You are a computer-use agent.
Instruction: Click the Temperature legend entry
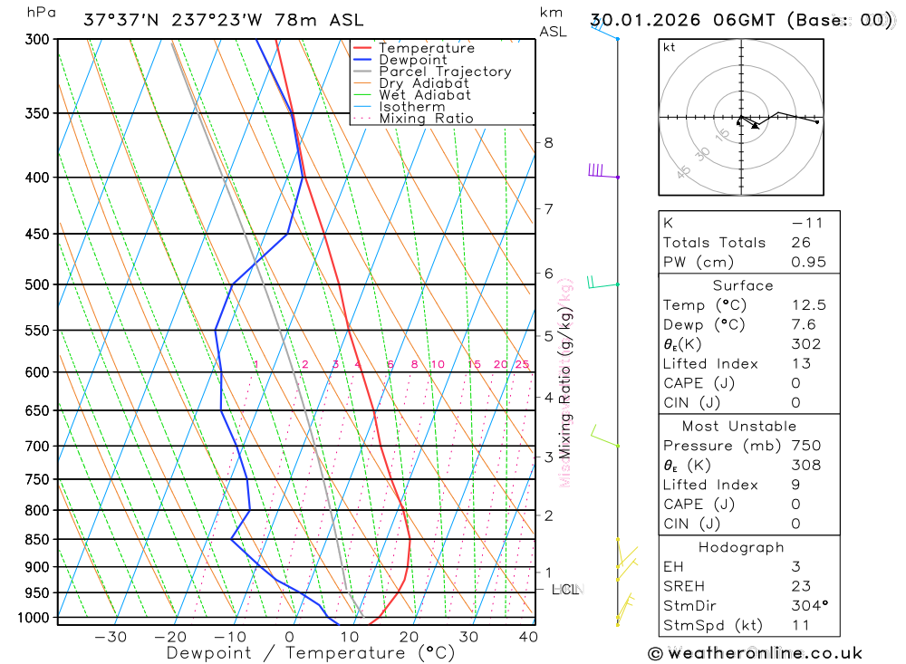coord(426,48)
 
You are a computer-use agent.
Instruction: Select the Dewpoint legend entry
coord(412,60)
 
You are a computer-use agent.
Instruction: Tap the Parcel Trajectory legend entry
coord(445,72)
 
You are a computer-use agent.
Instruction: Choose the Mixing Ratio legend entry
coord(426,119)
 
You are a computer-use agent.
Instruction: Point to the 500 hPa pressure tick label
coord(37,284)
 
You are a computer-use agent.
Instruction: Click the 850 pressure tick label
coord(37,540)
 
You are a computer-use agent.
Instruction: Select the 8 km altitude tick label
coord(549,142)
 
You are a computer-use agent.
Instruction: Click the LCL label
coord(565,590)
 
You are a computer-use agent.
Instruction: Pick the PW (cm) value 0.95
coord(808,262)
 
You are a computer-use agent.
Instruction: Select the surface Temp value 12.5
coord(808,305)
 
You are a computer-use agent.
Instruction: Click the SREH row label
coord(686,586)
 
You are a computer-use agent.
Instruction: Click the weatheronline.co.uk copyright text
coord(756,653)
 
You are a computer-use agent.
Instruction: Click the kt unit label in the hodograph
coord(670,47)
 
